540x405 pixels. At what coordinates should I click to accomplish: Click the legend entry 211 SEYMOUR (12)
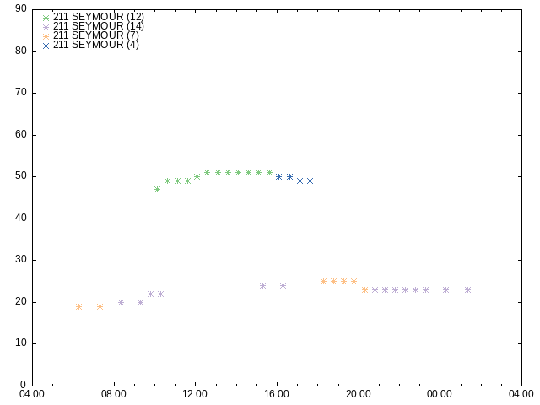point(99,17)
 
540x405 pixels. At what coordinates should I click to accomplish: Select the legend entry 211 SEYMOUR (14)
point(99,26)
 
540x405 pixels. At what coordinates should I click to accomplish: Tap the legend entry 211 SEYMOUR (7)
point(96,35)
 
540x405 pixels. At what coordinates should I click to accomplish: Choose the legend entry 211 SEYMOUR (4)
point(96,45)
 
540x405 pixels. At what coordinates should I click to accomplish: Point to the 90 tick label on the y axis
point(21,9)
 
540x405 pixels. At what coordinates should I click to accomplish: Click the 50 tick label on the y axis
point(21,176)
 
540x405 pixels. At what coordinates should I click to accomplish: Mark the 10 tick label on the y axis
point(21,343)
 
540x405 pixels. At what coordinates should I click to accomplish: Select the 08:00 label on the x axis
point(114,394)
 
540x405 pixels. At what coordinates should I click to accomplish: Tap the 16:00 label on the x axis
point(277,394)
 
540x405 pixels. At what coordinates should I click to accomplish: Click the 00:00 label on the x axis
point(440,394)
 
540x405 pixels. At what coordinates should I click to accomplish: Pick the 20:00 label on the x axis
point(359,394)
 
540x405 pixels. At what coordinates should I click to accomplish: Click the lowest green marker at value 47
point(158,189)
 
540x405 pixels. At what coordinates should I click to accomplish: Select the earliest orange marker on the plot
point(78,306)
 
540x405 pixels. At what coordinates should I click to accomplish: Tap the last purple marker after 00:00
point(467,290)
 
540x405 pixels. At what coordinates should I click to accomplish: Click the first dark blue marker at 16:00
point(279,176)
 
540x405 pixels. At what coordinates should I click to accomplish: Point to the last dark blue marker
point(310,181)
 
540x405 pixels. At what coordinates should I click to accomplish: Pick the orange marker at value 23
point(365,290)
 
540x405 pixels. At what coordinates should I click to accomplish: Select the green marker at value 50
point(197,176)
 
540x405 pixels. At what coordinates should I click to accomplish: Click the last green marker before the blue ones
point(270,172)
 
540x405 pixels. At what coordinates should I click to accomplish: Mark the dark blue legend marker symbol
point(46,46)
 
